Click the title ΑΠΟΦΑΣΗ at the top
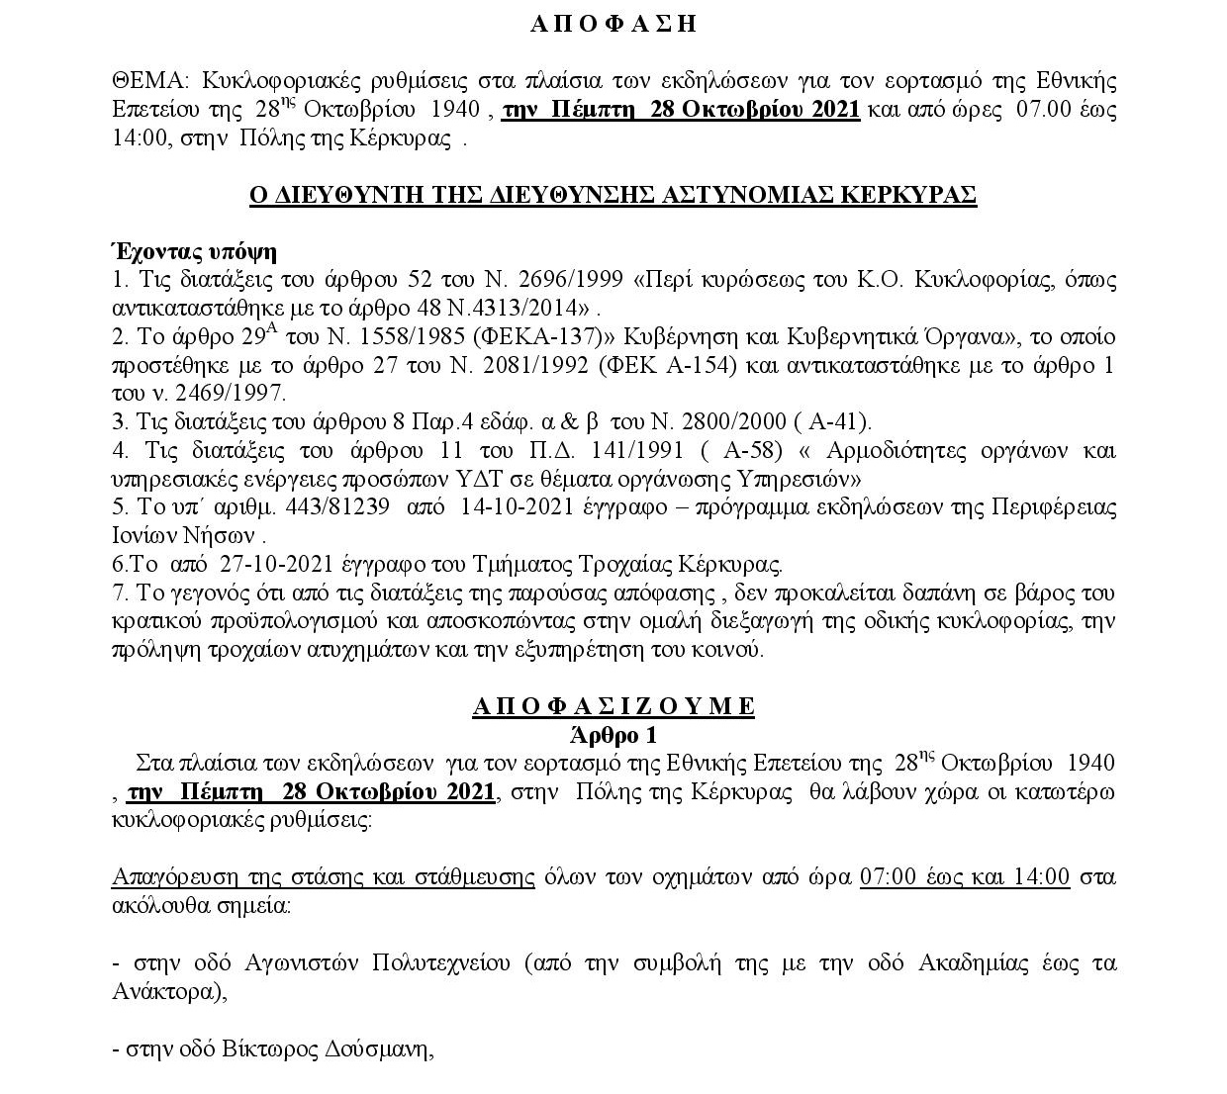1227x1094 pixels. tap(613, 25)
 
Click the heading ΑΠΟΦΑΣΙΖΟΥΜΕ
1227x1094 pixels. tap(613, 706)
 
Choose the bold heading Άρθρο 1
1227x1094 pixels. tap(613, 735)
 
